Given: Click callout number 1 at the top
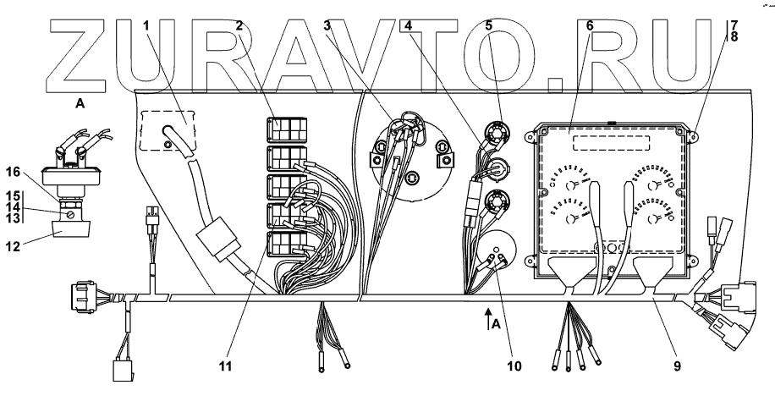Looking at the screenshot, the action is coord(146,26).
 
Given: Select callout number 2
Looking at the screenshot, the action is coord(239,26).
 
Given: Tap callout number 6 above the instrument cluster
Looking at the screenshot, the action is coord(590,26).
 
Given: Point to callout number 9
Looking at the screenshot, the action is coord(677,366).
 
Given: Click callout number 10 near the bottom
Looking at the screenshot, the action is coord(514,366).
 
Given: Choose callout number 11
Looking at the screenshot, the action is coord(225,366).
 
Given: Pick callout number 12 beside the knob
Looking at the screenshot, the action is coord(14,245).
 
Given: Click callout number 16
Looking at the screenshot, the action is coord(14,172).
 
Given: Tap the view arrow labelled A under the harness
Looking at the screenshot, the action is coord(488,319).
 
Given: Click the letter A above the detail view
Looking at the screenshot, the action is coord(80,104).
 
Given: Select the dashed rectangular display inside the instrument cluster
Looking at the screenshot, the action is coord(611,143).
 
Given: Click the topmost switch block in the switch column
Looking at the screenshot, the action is coord(287,129).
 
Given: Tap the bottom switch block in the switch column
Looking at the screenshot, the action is coord(287,245).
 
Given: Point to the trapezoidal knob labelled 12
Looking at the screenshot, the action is coord(71,229).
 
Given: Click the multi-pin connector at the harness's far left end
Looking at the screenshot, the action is coord(85,297).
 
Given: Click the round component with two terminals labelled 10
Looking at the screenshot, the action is coord(495,250).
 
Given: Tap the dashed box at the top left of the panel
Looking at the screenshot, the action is coord(168,130).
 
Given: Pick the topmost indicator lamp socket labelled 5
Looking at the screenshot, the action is coord(494,133).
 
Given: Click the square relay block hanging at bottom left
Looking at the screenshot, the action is coord(122,371).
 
